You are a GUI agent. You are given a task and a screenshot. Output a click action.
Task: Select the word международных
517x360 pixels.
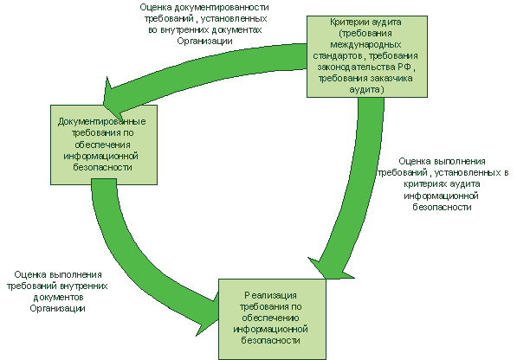click(365, 45)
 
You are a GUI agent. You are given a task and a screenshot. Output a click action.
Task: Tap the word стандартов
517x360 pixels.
click(338, 56)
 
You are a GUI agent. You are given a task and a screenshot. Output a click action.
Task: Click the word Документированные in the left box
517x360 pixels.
click(102, 122)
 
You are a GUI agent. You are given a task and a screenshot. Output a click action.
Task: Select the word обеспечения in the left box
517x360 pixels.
click(102, 145)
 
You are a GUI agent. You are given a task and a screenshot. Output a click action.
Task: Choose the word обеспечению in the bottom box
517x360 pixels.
click(270, 318)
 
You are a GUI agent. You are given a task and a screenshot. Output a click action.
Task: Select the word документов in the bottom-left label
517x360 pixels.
click(58, 298)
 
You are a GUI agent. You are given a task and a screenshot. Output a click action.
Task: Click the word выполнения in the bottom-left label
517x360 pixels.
click(75, 274)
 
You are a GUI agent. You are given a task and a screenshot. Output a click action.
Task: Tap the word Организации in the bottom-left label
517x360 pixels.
click(57, 309)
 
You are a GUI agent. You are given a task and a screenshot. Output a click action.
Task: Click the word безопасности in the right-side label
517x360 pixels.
click(442, 207)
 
